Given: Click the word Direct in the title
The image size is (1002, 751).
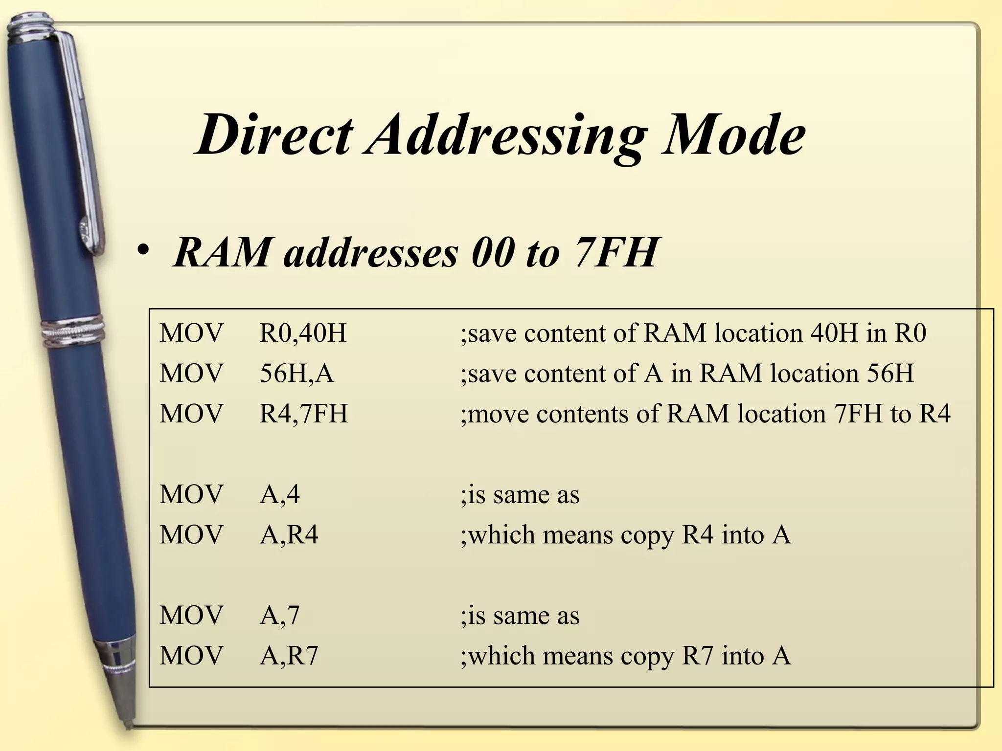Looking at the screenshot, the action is (274, 134).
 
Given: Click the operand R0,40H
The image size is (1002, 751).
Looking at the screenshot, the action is (303, 333).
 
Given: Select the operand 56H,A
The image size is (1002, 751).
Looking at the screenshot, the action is (296, 374).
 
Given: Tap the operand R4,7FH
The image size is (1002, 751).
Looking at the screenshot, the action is (304, 414).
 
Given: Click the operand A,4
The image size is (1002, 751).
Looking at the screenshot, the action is (279, 494).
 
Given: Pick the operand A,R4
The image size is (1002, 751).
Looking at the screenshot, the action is (289, 534).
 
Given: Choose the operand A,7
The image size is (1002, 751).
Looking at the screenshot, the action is (279, 615).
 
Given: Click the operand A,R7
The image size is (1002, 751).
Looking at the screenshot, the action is (289, 656).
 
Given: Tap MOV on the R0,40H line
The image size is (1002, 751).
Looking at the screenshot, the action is (191, 333).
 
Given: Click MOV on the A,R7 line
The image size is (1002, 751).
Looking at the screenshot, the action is (191, 656).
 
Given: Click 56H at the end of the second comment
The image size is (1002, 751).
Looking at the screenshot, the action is (890, 374).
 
